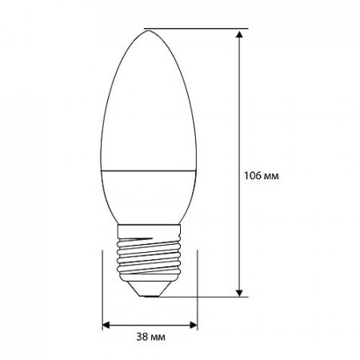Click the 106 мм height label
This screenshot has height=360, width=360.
point(262,176)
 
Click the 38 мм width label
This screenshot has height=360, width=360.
point(150,337)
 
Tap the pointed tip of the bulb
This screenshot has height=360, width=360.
point(149,30)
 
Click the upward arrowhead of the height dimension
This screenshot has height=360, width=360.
point(239,34)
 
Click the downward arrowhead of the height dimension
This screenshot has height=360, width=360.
point(239,293)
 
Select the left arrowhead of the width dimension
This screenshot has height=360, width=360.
point(106,325)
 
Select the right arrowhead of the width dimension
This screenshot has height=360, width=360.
point(194,325)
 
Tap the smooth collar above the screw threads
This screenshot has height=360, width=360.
point(149,230)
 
